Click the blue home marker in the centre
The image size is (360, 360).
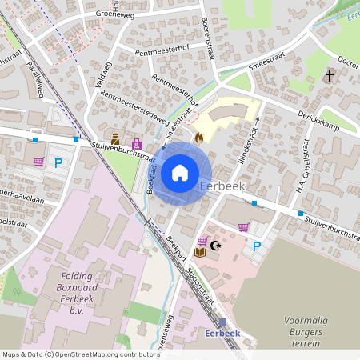[180, 172]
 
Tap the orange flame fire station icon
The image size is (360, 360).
[198, 137]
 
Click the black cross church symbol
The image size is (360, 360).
[329, 75]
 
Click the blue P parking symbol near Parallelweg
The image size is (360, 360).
[58, 162]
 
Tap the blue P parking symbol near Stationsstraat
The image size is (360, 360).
[256, 246]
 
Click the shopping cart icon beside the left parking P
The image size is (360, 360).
[38, 162]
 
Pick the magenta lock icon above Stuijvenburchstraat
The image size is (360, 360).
[136, 144]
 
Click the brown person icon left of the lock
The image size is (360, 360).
[117, 138]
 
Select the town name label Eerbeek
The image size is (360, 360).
[222, 186]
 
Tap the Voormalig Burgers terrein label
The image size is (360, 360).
[306, 331]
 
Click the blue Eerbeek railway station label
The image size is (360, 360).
[222, 333]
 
